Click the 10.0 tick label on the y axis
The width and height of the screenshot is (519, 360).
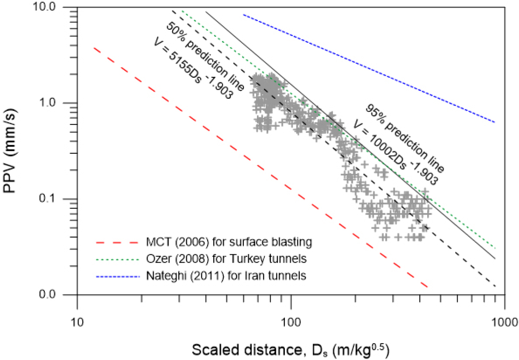pos(55,8)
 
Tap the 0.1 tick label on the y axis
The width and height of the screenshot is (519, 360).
pos(58,199)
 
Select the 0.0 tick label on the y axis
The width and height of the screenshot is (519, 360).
pos(58,295)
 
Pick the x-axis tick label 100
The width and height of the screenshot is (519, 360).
pos(291,308)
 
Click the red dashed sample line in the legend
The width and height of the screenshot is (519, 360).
pos(117,242)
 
